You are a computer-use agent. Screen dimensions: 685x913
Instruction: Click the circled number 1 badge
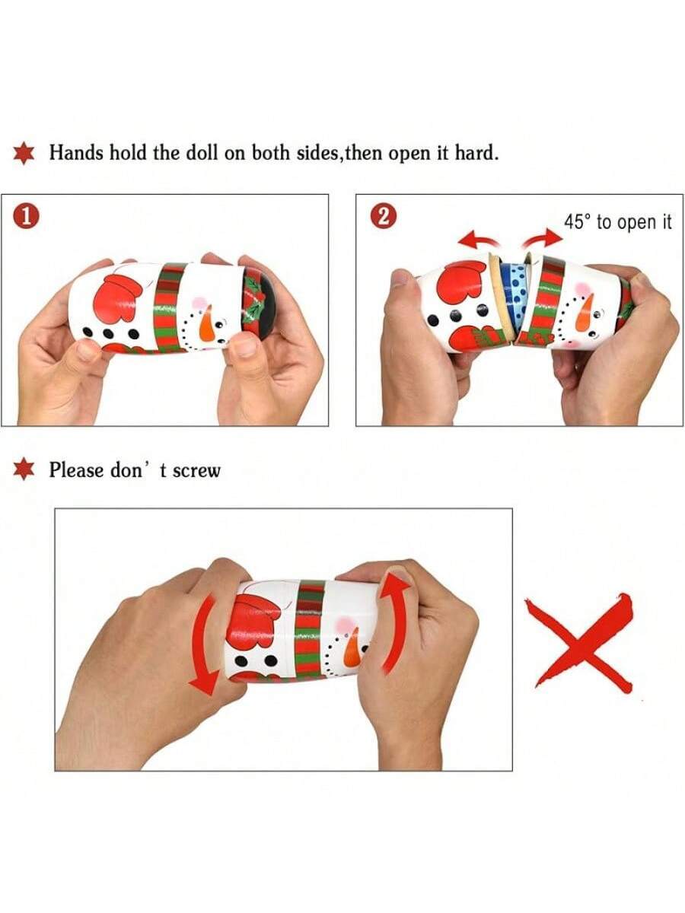26,217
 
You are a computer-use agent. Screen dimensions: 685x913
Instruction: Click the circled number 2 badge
383,217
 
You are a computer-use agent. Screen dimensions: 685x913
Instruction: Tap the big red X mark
579,643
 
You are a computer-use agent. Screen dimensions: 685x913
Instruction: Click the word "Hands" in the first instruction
77,152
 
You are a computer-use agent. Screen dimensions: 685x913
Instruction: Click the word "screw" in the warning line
196,471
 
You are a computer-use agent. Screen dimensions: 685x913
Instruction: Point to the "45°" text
577,221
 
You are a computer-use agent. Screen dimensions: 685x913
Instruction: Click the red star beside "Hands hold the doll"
24,153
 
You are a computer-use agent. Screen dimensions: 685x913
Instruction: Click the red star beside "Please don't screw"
24,469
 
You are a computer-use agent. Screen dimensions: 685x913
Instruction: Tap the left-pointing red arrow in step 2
478,240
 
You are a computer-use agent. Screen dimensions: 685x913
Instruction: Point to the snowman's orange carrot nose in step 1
207,323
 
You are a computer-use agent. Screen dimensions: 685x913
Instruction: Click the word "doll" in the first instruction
201,152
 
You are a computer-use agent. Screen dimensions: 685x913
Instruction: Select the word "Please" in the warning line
76,470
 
